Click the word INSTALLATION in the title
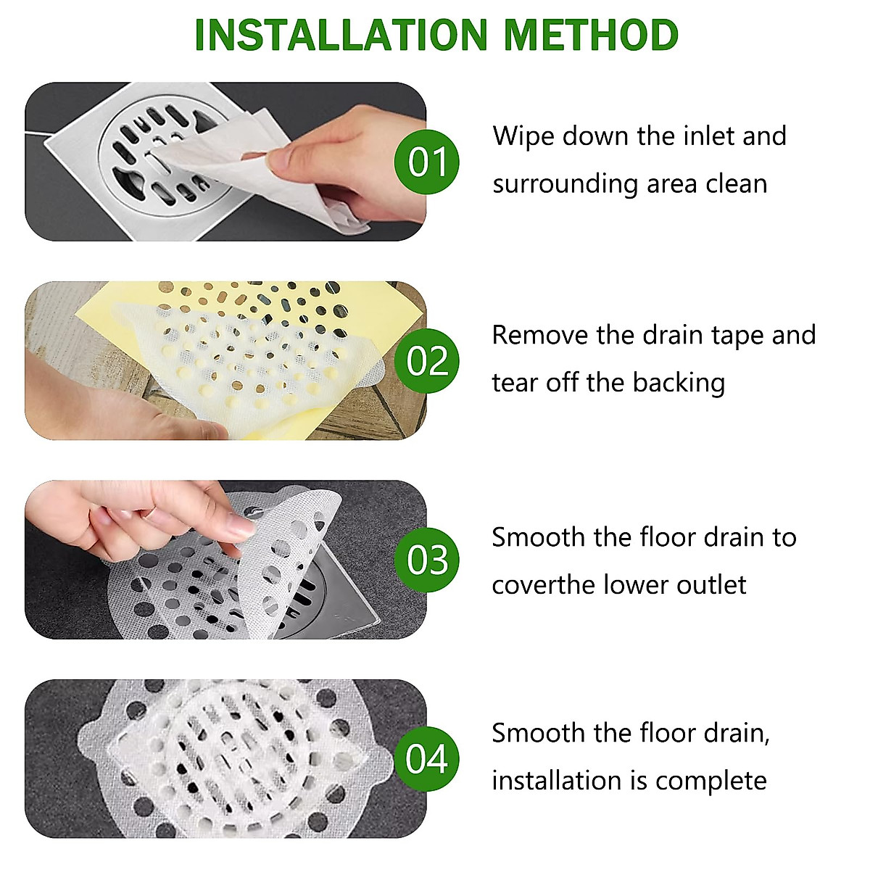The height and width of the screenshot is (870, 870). click(341, 35)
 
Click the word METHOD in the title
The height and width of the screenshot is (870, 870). click(592, 35)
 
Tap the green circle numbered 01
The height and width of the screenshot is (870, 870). click(426, 162)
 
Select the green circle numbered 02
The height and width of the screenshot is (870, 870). click(426, 361)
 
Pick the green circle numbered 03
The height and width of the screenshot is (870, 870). click(426, 560)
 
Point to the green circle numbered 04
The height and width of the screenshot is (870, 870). click(426, 759)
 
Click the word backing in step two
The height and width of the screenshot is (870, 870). click(679, 384)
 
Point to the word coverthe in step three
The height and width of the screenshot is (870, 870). click(544, 585)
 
